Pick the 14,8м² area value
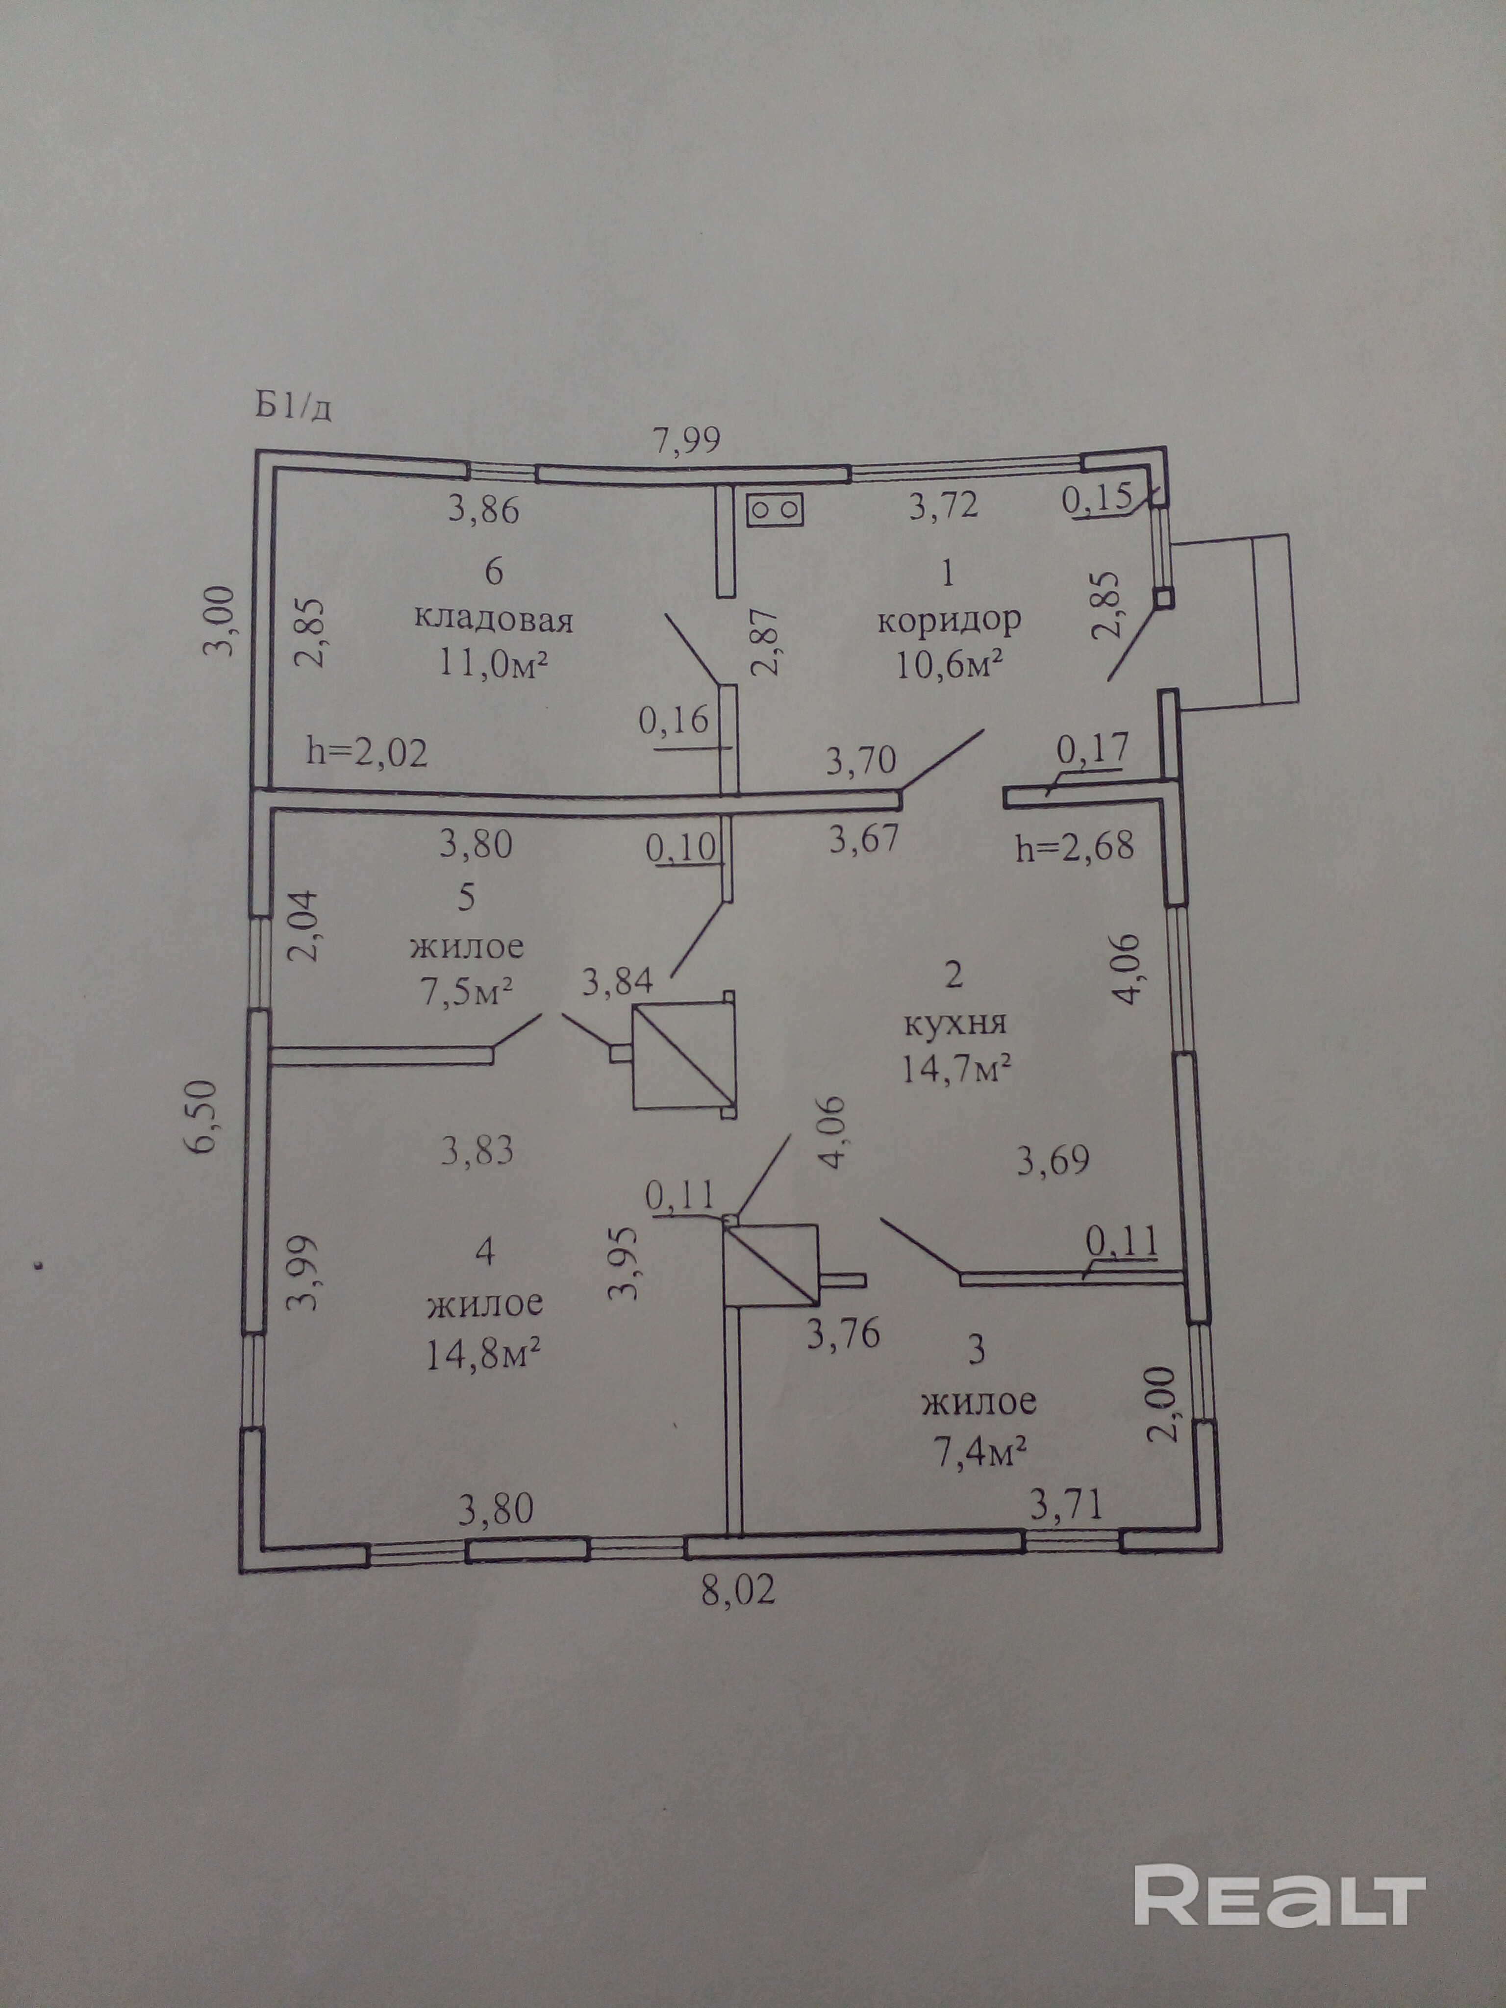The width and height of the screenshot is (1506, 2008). [x=484, y=1355]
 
